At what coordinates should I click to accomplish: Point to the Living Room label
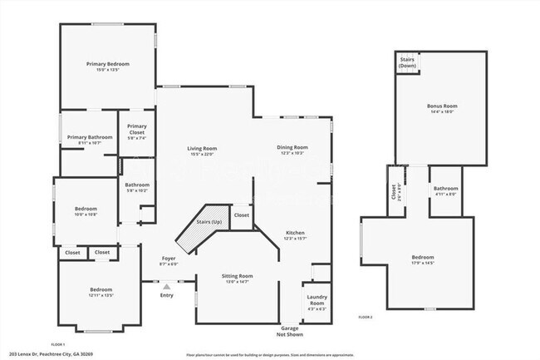point(202,150)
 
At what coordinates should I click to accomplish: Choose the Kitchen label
point(295,235)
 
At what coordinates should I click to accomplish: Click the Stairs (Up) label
point(209,223)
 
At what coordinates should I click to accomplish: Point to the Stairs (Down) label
point(407,62)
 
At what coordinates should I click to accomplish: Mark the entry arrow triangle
point(166,286)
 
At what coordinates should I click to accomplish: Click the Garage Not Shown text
point(290,332)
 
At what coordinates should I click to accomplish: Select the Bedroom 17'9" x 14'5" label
point(422,260)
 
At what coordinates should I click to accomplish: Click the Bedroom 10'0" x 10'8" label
point(86,211)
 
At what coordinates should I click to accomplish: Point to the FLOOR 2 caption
point(366,317)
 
